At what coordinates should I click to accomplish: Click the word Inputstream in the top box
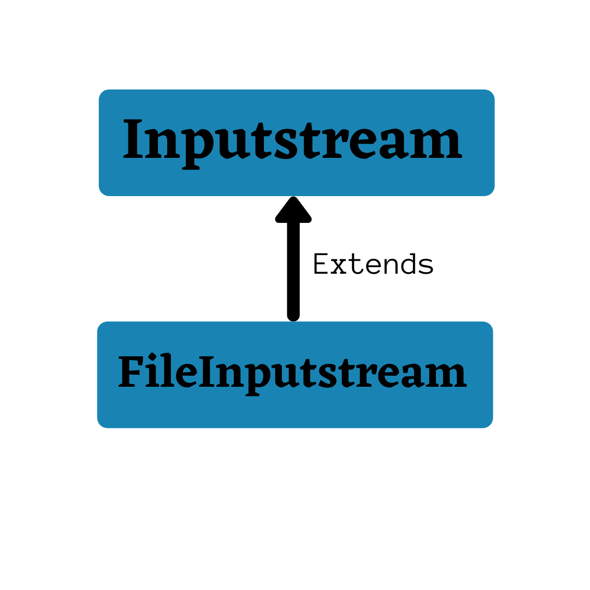293,141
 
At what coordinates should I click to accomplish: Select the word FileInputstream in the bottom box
293,374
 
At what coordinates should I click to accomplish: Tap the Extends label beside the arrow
373,264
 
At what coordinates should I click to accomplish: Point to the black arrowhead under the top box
293,210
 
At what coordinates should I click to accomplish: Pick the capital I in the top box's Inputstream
133,140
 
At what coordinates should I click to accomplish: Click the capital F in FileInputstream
130,373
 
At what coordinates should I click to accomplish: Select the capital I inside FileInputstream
206,373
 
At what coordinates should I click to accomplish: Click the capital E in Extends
320,264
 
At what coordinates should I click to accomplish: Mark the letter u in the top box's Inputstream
231,144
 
